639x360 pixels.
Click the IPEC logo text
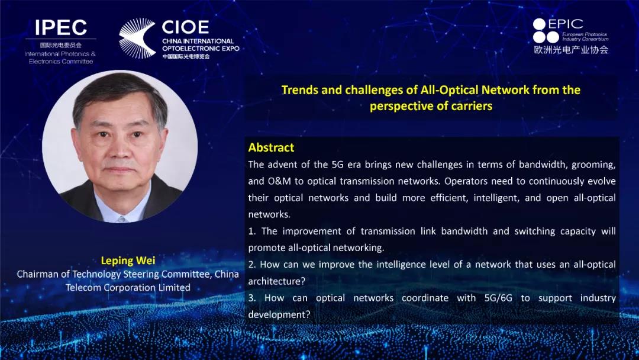tap(61, 27)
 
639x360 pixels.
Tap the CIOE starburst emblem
tap(137, 38)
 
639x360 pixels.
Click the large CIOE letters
tap(185, 27)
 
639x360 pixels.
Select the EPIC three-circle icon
tap(546, 31)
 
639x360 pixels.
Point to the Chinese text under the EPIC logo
tap(571, 50)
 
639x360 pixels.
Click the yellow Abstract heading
tap(271, 147)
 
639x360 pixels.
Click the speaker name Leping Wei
tap(128, 260)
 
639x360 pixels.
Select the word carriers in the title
tap(472, 106)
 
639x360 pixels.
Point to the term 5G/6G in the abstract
tap(498, 298)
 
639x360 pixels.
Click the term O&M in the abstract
tap(278, 181)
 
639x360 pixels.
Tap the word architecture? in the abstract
tap(277, 281)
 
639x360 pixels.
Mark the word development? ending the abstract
tap(279, 315)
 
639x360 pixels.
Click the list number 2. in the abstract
tap(252, 265)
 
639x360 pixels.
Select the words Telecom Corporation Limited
tap(128, 287)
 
